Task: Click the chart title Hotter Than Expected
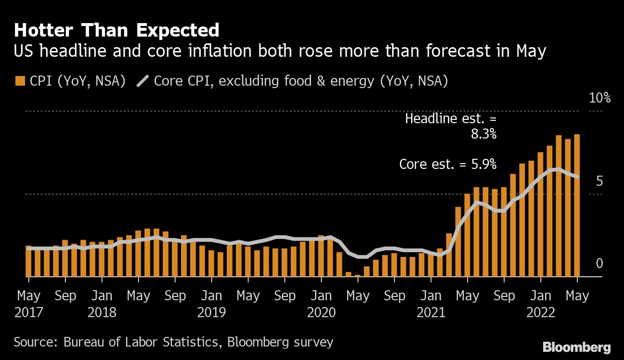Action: point(117,30)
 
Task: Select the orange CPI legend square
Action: point(20,81)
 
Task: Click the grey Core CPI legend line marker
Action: point(143,81)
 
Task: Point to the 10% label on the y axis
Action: point(599,98)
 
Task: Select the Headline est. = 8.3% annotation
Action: point(450,126)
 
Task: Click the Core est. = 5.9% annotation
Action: point(448,164)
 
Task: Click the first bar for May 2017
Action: point(28,261)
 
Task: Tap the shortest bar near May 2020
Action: point(358,275)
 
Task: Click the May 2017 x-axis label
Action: point(28,304)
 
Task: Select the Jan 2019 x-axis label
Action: point(211,304)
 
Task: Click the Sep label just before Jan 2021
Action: point(394,295)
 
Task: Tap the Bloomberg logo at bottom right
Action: point(576,347)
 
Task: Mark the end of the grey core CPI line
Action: point(577,177)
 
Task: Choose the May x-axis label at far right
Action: point(577,295)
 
